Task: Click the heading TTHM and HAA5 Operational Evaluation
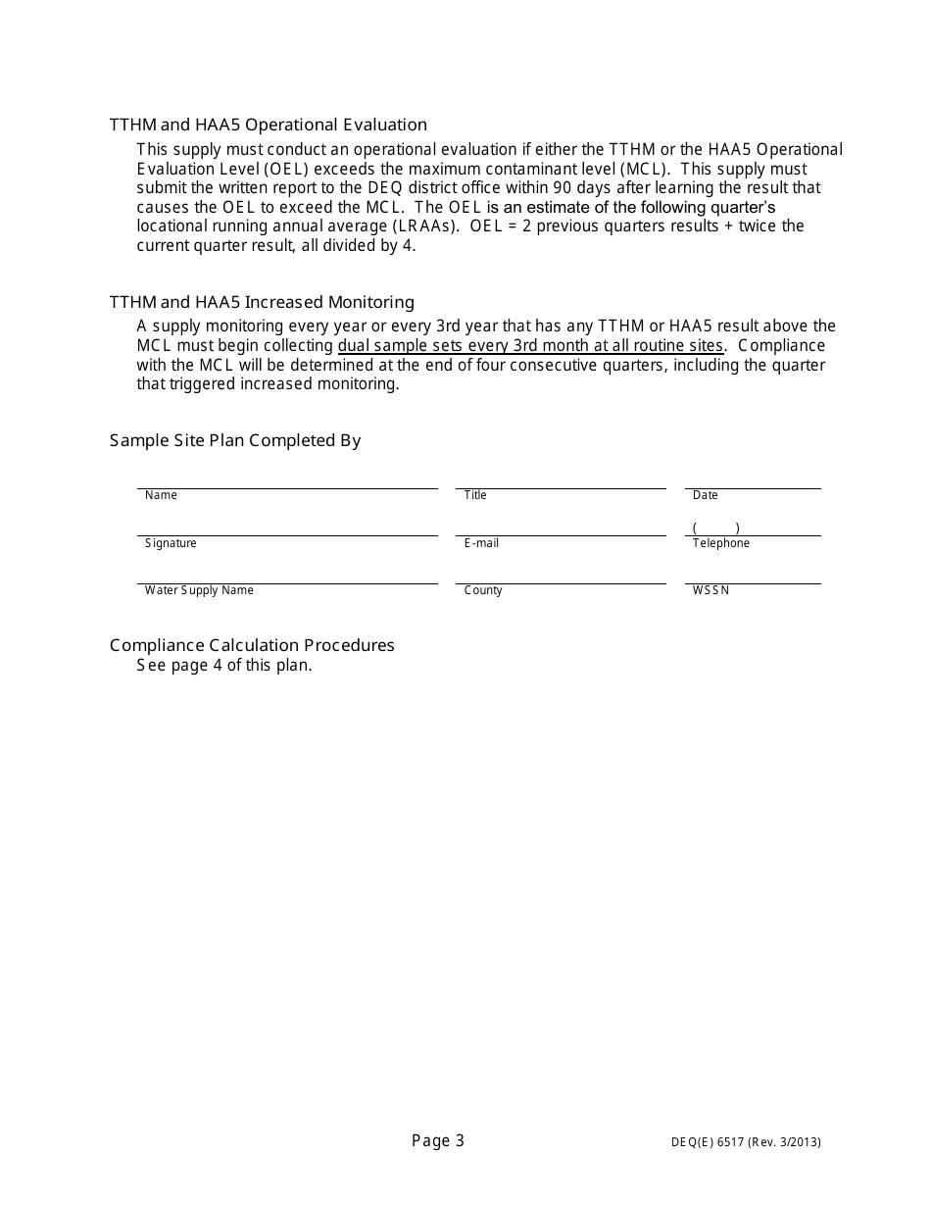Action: [x=268, y=125]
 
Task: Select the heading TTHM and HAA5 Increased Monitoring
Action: [x=262, y=302]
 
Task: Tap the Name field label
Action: [x=161, y=495]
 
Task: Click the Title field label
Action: [x=475, y=495]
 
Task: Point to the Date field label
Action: [x=705, y=495]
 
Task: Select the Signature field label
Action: [x=171, y=543]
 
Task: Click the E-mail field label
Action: [x=481, y=543]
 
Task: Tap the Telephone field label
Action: [x=720, y=543]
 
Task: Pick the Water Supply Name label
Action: [x=199, y=590]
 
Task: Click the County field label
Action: [x=483, y=590]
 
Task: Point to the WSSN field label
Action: [x=710, y=590]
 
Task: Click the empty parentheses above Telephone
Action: [x=715, y=528]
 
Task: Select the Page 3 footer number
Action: [x=438, y=1140]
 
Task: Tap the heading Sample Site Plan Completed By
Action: [x=235, y=440]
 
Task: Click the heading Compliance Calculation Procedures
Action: [x=252, y=645]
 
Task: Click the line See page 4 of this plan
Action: [x=224, y=665]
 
